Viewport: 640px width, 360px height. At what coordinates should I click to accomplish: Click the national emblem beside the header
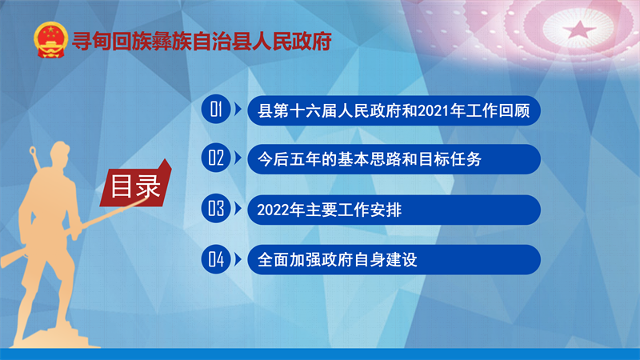[50, 40]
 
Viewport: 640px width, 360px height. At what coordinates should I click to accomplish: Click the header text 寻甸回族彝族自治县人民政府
[202, 42]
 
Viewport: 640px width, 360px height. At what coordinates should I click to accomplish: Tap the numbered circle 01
[216, 109]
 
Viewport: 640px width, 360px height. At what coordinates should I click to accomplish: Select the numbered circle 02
[216, 158]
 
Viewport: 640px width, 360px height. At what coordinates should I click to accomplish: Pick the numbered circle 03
[216, 208]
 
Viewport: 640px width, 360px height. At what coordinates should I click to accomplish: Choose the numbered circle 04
[216, 258]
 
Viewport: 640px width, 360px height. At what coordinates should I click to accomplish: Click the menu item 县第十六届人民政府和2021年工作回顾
[394, 110]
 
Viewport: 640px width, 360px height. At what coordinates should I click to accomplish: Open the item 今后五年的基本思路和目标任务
[394, 159]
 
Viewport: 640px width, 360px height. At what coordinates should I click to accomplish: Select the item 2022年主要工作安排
[394, 210]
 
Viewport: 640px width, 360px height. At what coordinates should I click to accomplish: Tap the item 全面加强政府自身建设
[394, 259]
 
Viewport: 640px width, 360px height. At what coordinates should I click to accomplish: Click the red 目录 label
[136, 185]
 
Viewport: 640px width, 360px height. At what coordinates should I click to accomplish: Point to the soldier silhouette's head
[61, 153]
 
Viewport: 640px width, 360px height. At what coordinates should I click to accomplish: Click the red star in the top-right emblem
[579, 29]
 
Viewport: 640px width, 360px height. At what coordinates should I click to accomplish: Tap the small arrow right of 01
[238, 110]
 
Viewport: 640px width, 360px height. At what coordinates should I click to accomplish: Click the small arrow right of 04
[238, 259]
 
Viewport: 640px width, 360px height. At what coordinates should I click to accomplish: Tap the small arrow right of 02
[238, 158]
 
